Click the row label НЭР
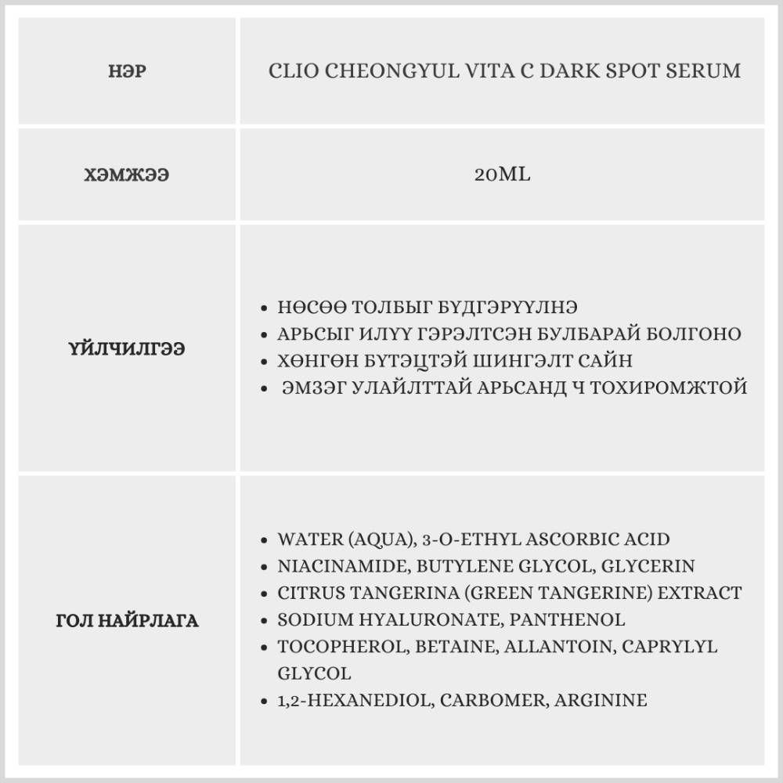click(x=127, y=72)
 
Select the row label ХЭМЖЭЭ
click(x=127, y=175)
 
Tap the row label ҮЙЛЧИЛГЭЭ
click(x=127, y=349)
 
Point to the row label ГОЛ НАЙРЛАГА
click(x=127, y=622)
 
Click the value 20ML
click(x=502, y=174)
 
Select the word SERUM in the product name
click(x=703, y=71)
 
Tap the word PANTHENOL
click(x=568, y=619)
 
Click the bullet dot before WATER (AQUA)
click(x=265, y=540)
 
